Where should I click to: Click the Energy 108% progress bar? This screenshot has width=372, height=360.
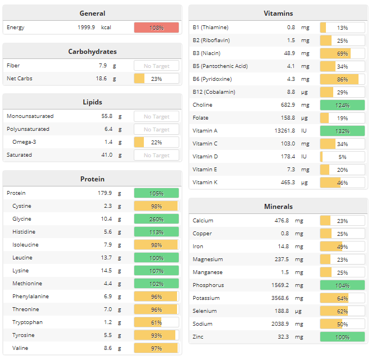(x=156, y=28)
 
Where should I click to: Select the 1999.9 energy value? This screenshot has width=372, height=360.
(x=87, y=28)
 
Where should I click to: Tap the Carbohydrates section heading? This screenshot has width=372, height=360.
(x=92, y=51)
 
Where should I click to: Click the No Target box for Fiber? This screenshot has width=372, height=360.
(x=156, y=66)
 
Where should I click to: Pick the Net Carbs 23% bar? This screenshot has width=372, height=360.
(x=156, y=79)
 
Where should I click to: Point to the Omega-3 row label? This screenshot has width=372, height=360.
(x=24, y=142)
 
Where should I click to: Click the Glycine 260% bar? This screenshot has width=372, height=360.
(x=156, y=219)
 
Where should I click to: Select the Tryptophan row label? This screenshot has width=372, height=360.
(x=28, y=322)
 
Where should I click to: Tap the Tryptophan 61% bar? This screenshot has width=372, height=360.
(x=156, y=322)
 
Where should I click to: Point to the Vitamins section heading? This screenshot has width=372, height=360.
(x=278, y=13)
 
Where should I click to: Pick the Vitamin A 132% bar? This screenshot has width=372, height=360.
(x=342, y=131)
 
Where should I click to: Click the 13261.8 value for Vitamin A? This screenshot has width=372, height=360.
(x=280, y=131)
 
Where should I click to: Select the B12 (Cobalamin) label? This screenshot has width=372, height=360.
(x=214, y=92)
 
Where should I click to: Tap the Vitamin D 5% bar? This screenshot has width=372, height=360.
(x=342, y=157)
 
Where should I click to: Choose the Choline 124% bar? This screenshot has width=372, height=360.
(x=342, y=105)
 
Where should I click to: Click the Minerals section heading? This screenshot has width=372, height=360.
(x=278, y=206)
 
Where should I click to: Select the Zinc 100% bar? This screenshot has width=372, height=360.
(x=342, y=337)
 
